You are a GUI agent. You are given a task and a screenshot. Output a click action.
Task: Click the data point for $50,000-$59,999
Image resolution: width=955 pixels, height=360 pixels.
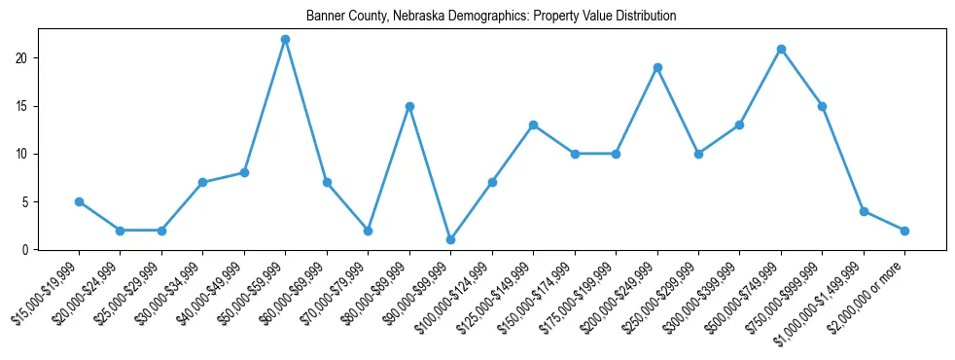tap(285, 39)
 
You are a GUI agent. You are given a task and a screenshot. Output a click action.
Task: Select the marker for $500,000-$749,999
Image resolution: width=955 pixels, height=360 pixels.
tap(781, 49)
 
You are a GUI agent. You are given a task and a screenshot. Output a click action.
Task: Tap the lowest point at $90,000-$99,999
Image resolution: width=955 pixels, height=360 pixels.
tap(450, 239)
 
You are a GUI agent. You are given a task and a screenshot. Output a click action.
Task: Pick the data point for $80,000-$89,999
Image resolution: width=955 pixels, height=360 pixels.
tap(409, 106)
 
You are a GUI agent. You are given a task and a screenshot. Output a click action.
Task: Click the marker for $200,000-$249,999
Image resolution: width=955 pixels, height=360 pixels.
tap(657, 67)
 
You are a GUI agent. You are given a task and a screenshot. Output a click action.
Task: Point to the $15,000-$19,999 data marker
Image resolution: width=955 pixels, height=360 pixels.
tap(79, 201)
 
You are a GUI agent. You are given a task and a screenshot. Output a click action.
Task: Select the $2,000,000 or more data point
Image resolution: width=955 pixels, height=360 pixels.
tap(904, 231)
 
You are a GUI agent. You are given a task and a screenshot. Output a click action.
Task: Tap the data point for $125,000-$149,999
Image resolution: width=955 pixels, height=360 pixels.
tap(533, 125)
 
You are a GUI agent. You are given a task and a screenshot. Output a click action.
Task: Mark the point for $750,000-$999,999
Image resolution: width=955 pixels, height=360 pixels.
tap(822, 106)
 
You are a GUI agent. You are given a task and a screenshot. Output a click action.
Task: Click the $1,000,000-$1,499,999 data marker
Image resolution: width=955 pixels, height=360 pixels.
tap(864, 211)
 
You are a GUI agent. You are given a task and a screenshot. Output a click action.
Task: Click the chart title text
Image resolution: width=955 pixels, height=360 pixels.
tap(491, 17)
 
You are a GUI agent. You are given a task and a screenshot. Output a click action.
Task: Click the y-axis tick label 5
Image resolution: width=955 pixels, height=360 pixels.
tap(29, 202)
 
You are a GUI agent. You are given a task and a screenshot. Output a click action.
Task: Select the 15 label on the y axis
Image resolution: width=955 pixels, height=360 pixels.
tap(26, 106)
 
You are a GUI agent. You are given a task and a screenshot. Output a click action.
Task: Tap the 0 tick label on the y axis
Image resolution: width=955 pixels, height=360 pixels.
tap(29, 250)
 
